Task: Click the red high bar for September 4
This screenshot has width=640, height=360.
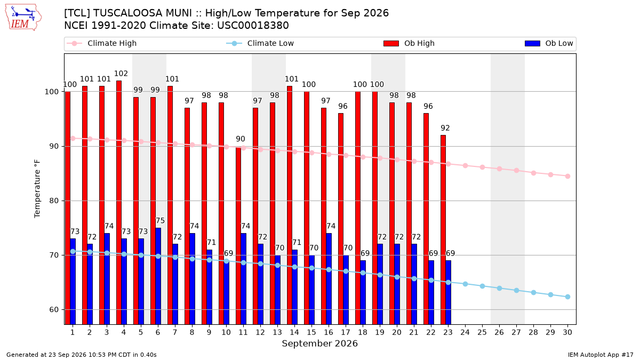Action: (119, 203)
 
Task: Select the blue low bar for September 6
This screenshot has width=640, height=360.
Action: (158, 276)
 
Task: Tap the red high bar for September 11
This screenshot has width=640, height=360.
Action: (238, 235)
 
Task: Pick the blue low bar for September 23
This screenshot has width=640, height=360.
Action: (449, 293)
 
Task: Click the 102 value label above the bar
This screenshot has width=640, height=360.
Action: (121, 74)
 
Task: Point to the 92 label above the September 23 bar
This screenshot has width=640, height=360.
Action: (445, 128)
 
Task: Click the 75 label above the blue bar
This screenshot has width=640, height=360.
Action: (161, 221)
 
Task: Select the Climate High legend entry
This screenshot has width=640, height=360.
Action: (101, 43)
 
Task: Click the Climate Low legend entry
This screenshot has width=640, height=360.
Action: (260, 43)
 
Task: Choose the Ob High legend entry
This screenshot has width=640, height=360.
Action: (409, 43)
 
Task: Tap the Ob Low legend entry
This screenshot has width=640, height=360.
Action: (549, 43)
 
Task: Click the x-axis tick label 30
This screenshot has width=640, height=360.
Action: (567, 332)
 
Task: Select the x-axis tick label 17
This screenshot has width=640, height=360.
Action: (346, 332)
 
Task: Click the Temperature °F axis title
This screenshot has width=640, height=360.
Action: (37, 189)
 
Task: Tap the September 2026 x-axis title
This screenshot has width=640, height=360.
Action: (319, 343)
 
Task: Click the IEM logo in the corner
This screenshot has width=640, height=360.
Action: (23, 18)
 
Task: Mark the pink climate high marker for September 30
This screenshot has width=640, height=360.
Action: (567, 177)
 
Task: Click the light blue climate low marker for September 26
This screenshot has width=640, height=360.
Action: (499, 289)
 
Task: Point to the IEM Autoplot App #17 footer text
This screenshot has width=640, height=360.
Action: (601, 355)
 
